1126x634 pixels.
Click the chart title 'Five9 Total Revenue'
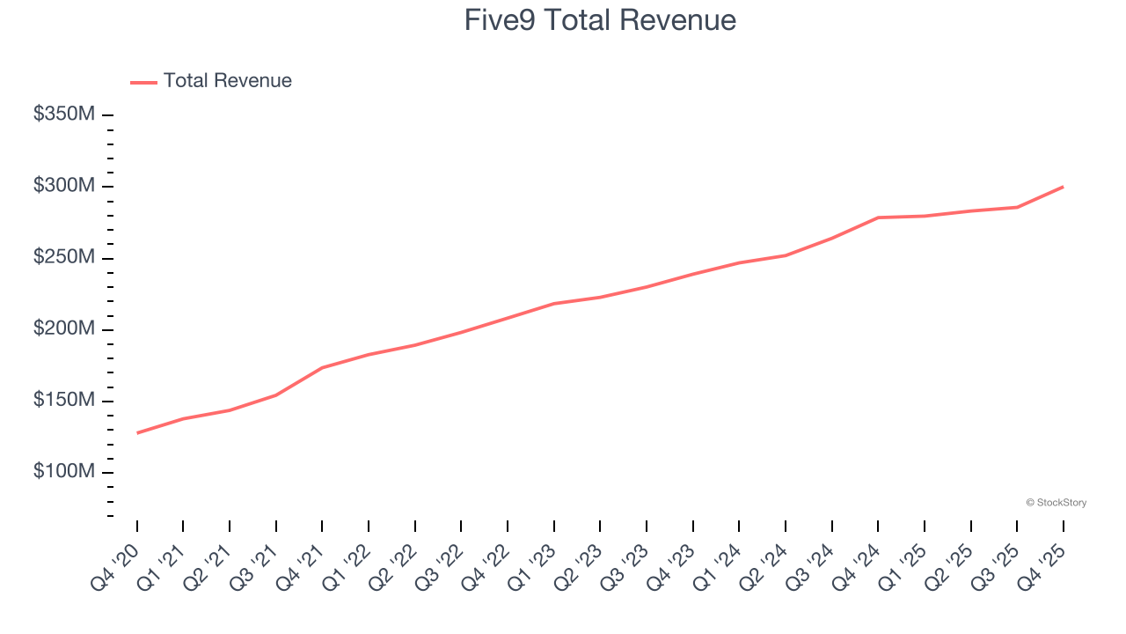coord(600,19)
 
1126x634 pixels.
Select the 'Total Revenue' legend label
coord(227,81)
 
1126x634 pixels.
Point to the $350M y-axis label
coord(64,114)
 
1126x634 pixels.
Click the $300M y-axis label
coord(64,186)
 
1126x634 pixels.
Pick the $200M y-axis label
coord(64,329)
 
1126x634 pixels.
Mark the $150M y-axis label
coord(64,401)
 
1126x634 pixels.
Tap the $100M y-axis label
coord(64,472)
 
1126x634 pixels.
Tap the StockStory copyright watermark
coord(1056,503)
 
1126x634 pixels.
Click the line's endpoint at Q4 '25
coord(1063,187)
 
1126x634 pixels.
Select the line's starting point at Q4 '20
coord(137,433)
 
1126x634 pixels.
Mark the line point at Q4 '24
coord(878,217)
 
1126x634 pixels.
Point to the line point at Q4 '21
coord(322,367)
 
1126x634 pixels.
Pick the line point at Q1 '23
coord(554,303)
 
